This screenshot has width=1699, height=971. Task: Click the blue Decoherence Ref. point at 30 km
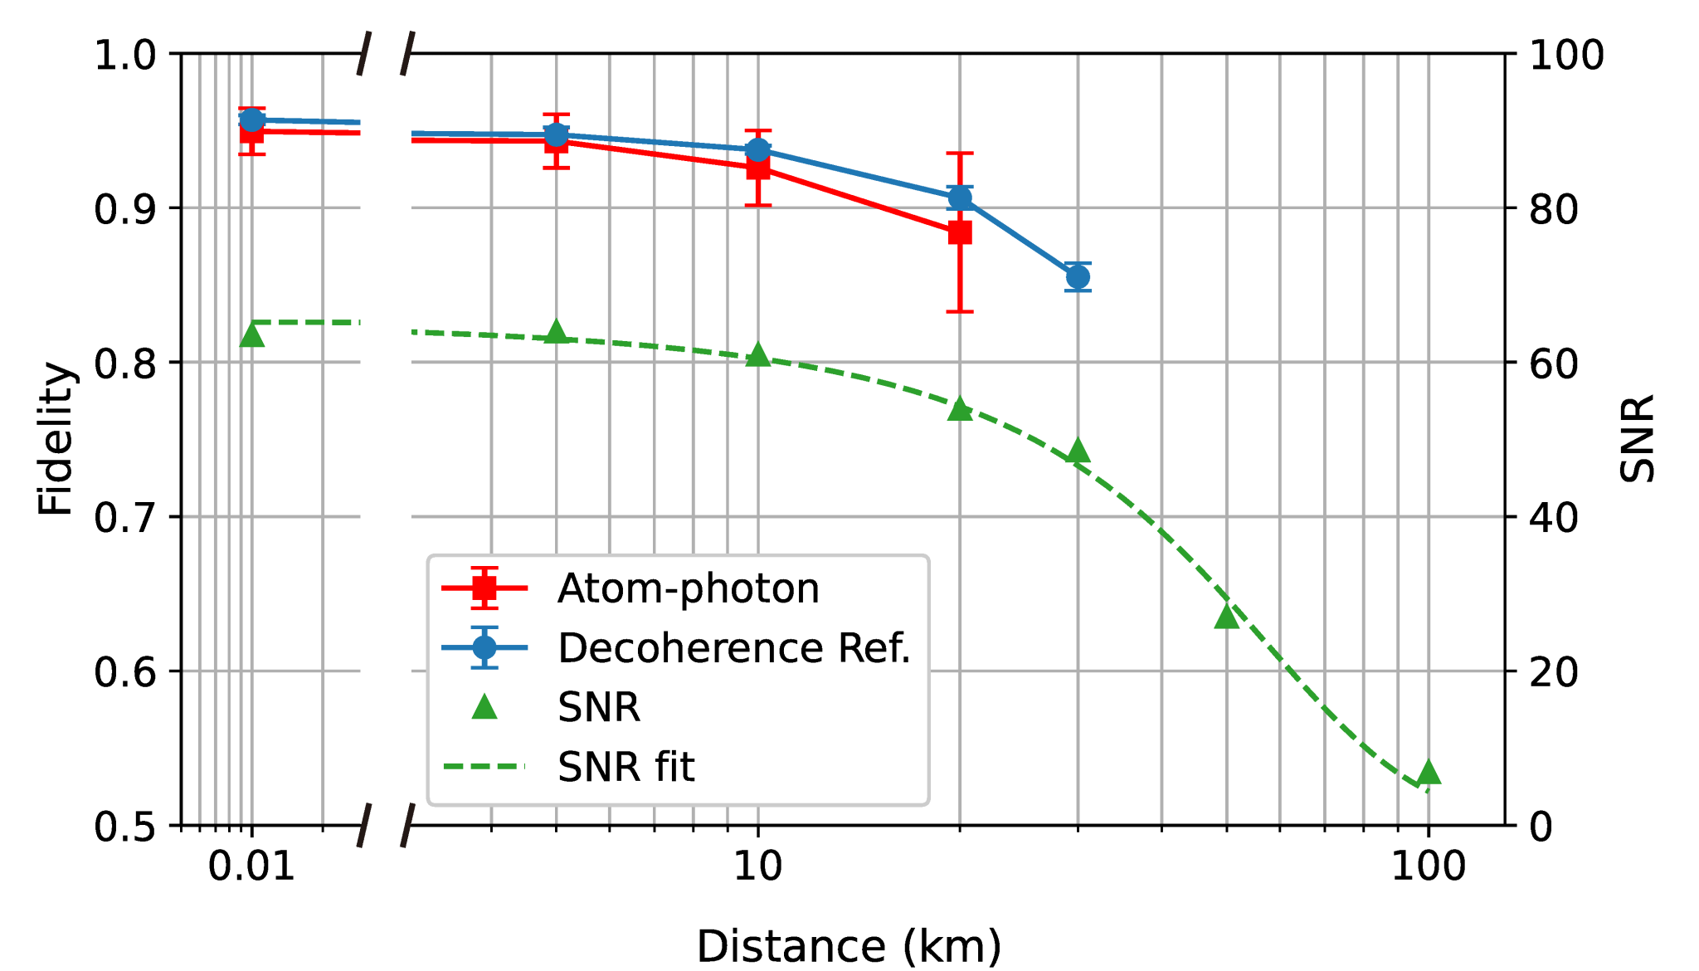(1078, 276)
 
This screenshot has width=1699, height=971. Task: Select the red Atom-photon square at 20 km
(960, 232)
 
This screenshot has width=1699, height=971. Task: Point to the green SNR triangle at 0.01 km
(251, 335)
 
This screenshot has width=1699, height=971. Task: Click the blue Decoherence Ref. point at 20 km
(960, 198)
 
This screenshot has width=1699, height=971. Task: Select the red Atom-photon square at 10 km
(757, 168)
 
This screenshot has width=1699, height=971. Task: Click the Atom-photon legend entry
(687, 588)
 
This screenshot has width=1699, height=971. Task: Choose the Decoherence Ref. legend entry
(733, 648)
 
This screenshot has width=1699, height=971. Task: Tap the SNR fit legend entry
(626, 767)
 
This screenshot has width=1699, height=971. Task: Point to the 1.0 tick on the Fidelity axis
(124, 55)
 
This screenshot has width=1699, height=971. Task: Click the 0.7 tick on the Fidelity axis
(124, 518)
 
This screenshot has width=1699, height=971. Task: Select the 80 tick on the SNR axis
(1553, 209)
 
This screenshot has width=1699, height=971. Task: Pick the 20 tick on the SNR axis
(1553, 672)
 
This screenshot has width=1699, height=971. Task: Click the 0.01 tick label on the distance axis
(251, 866)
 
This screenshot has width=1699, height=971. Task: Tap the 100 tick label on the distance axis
(1429, 866)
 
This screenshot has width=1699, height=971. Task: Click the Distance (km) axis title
(849, 946)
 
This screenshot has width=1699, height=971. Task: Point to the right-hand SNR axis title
(1638, 438)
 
